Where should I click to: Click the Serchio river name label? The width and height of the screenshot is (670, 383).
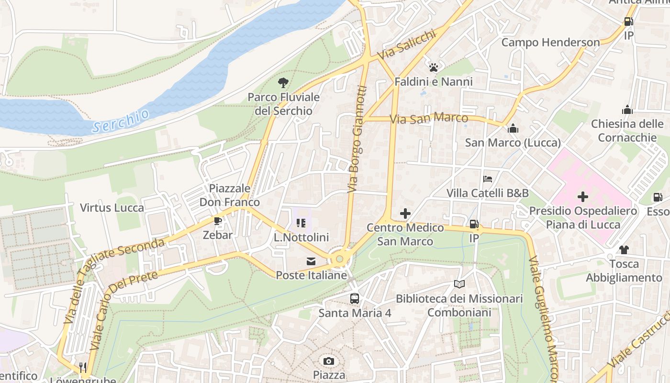click(x=121, y=121)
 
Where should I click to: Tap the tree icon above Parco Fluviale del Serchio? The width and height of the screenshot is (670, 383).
click(x=283, y=83)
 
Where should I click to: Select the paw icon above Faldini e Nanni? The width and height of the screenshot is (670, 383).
click(x=434, y=68)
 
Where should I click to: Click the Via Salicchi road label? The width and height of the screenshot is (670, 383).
click(x=407, y=45)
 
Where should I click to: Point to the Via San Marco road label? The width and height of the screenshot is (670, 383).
click(x=429, y=118)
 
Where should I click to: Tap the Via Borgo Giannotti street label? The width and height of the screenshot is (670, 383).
click(x=357, y=139)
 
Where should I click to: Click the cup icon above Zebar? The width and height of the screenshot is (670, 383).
click(x=218, y=221)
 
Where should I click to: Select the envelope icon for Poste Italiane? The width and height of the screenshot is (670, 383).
click(x=311, y=261)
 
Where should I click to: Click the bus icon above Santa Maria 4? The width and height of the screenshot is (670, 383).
click(x=355, y=299)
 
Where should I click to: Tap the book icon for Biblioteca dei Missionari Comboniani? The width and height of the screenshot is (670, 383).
click(x=459, y=284)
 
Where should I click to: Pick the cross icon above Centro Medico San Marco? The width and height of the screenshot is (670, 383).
click(x=405, y=214)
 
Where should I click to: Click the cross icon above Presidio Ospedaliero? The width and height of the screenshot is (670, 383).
click(x=582, y=197)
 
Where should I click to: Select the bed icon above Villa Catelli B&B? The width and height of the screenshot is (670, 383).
click(x=488, y=179)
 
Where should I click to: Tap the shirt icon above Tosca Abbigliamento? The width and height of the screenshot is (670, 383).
click(x=624, y=249)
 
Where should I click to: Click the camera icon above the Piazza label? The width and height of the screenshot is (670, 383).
click(x=329, y=361)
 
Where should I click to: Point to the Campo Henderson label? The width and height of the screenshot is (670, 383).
click(x=550, y=43)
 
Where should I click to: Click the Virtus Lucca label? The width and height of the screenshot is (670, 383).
click(x=112, y=208)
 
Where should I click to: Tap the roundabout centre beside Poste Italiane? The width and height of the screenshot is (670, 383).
click(x=340, y=259)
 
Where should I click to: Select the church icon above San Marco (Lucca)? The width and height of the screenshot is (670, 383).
click(x=513, y=128)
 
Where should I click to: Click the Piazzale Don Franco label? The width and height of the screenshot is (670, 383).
click(x=230, y=195)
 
